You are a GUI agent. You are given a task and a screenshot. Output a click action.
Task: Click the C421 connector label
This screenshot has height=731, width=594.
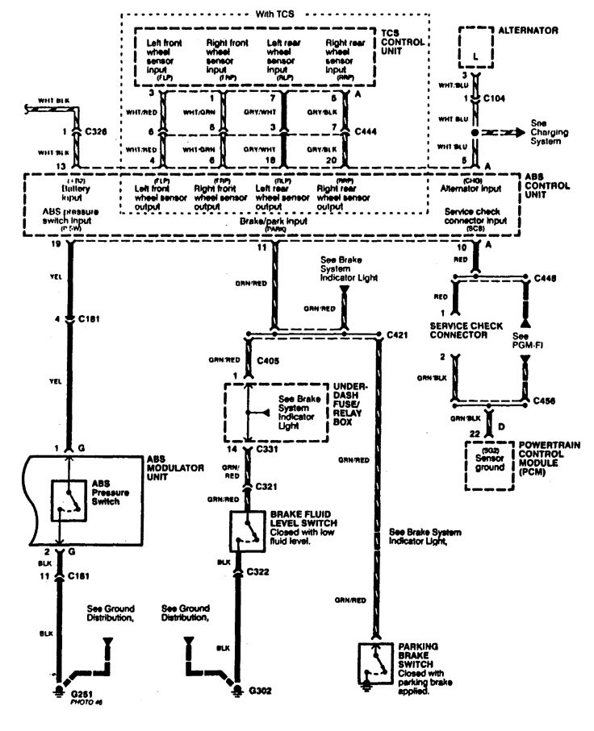(x=396, y=333)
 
